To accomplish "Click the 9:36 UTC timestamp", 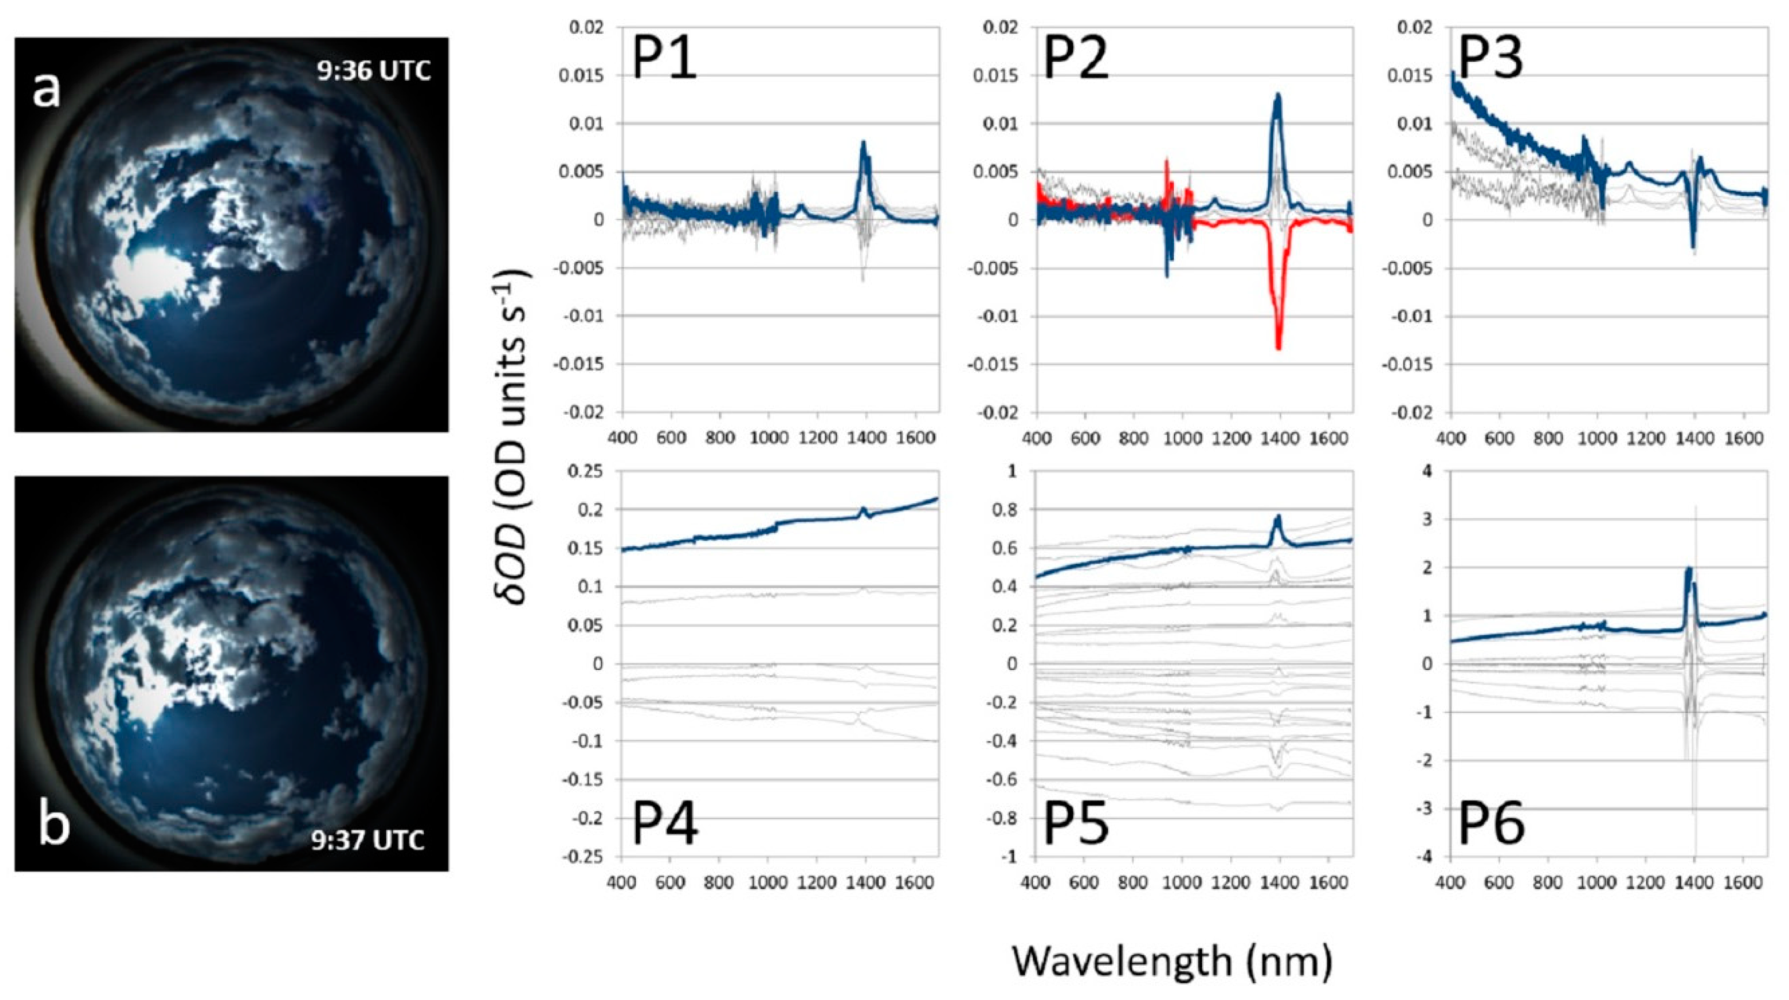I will click(374, 71).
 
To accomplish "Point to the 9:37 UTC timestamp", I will click(367, 840).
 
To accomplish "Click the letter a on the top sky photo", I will click(46, 91).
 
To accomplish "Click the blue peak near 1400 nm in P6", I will click(1688, 570).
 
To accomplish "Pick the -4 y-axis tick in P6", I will click(1423, 857).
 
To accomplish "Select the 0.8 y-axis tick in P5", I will click(1002, 510).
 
